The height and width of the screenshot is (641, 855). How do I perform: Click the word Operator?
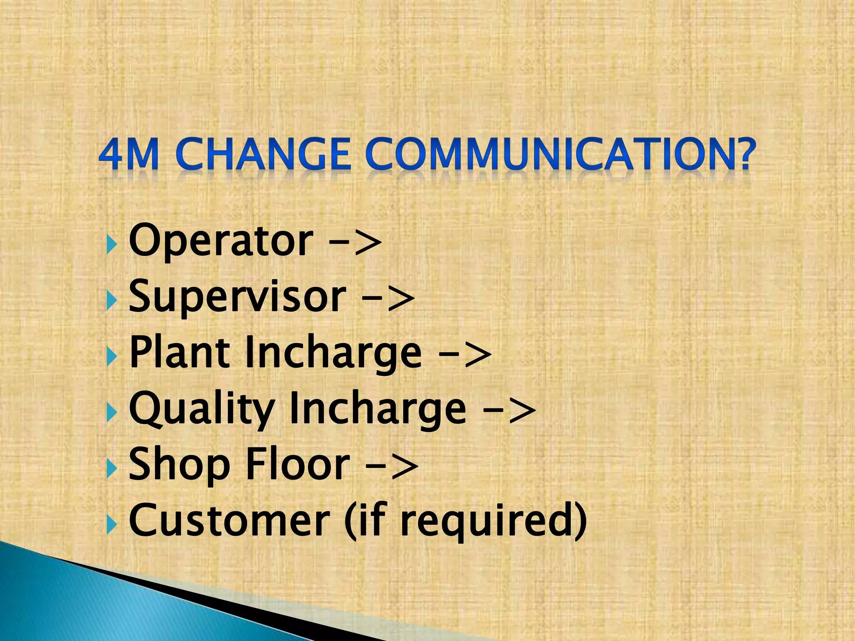click(x=221, y=241)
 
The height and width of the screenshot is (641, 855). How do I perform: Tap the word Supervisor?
click(x=237, y=297)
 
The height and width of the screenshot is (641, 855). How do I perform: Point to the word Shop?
click(x=180, y=465)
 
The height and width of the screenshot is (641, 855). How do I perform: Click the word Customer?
click(x=230, y=520)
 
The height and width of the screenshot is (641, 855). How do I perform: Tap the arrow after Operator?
click(x=355, y=242)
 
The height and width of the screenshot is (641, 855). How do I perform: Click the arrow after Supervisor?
click(x=388, y=298)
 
